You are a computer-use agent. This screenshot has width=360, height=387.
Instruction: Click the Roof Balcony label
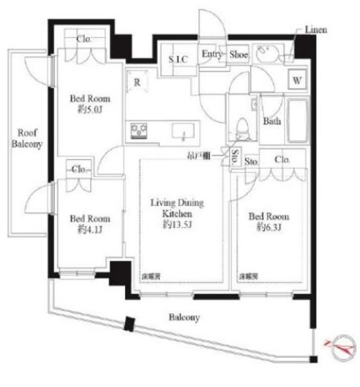click(x=26, y=138)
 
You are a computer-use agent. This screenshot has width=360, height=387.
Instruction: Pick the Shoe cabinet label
click(x=237, y=54)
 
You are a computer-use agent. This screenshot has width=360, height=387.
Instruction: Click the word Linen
click(x=315, y=29)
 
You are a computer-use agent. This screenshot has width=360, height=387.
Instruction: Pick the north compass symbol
click(x=341, y=343)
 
